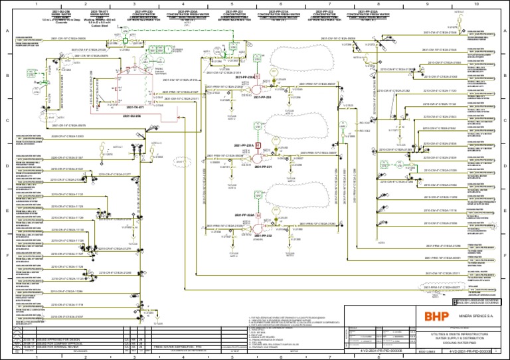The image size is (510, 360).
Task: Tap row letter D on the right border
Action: [x=506, y=166]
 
